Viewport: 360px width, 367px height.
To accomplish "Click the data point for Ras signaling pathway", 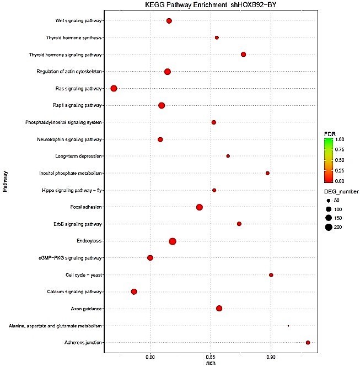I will click(114, 88).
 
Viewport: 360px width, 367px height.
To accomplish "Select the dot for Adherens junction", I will click(308, 343).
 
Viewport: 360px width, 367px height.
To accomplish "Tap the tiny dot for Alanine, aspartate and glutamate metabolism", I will click(288, 326).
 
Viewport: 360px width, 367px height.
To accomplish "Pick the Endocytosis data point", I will click(173, 241).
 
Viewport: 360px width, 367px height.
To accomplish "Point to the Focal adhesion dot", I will click(199, 207).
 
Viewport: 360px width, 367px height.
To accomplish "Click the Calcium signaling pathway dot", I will click(133, 292).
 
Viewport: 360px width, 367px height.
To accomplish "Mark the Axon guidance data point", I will click(219, 309).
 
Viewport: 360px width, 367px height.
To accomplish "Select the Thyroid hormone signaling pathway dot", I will click(243, 54).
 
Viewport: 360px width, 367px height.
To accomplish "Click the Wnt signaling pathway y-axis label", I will click(79, 20).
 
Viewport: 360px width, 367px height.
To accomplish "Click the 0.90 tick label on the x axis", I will click(271, 357).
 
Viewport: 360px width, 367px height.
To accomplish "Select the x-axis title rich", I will click(210, 363).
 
